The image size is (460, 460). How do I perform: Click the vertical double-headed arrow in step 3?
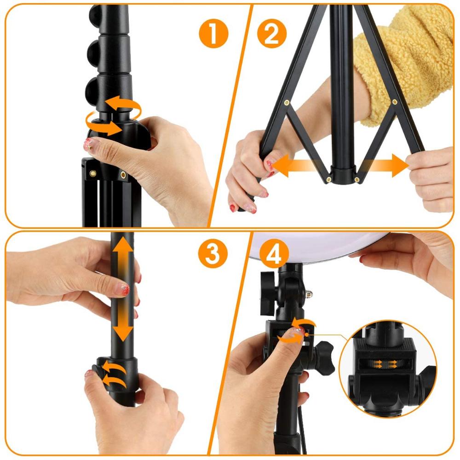[122, 287]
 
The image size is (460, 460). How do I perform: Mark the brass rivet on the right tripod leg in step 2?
[394, 102]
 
